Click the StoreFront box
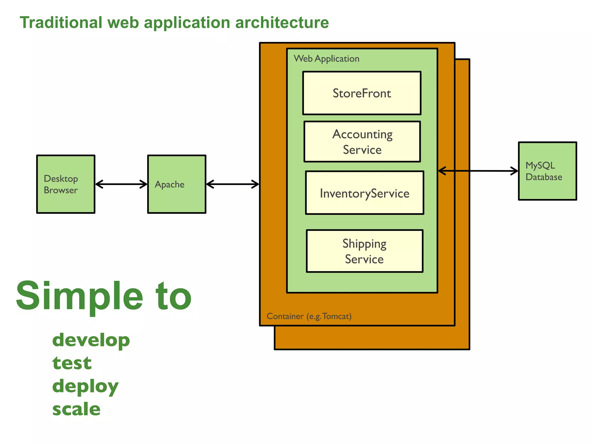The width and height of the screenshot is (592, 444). pos(362,93)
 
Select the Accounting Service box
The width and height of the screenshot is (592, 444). pos(362,142)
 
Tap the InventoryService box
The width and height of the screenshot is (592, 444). pos(365,193)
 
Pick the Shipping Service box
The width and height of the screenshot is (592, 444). pos(365,251)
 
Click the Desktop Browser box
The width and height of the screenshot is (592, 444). pos(66,184)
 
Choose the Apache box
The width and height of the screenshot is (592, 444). pos(177,184)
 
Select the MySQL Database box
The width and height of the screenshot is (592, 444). pos(547,171)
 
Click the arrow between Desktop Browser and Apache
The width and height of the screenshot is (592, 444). pos(121,184)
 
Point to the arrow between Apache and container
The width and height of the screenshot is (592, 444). pos(232,184)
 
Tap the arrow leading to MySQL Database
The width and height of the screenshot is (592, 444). pos(478,171)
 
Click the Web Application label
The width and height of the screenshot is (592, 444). pos(326,59)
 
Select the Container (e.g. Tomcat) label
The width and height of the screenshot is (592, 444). pos(309,316)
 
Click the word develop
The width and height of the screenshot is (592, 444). pos(91,340)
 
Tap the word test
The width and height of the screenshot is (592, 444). pos(72,363)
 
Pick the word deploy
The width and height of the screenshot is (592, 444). pos(85,386)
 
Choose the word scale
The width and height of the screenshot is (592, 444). pos(76,409)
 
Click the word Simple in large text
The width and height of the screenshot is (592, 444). pos(79,296)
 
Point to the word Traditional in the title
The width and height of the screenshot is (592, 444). pos(61,23)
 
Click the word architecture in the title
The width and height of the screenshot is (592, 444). pos(282,23)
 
